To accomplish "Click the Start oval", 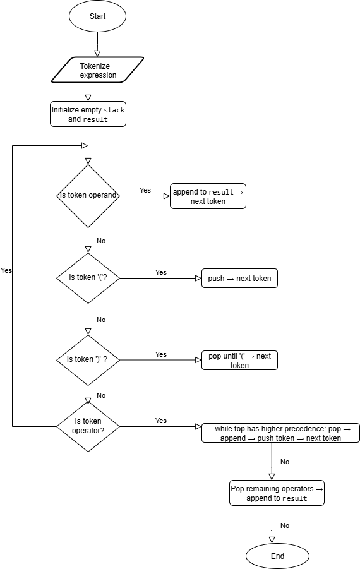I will coord(97,16).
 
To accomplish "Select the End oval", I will coord(277,556).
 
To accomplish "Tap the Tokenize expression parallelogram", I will coord(98,70).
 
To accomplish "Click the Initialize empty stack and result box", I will coord(88,114).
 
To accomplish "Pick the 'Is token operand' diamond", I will coord(88,196).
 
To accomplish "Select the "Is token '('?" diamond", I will coord(88,278).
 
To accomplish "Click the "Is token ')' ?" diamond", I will coord(88,359).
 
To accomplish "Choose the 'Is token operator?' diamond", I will coord(88,426).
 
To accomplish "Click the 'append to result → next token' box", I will coord(207,196).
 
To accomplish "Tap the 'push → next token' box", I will coord(239,279).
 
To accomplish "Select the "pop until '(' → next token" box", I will coord(239,360).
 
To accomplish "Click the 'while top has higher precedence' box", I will coord(280,433).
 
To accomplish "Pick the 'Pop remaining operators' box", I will coord(277,493).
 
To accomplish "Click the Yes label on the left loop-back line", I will coord(6,270).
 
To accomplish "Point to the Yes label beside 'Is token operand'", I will coord(145,190).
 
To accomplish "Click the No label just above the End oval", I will coord(285,525).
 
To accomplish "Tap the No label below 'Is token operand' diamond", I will coord(101,241).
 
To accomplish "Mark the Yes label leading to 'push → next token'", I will coord(161,272).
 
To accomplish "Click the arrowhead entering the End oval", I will coord(272,539).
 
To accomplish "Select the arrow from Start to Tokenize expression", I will coord(97,44).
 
